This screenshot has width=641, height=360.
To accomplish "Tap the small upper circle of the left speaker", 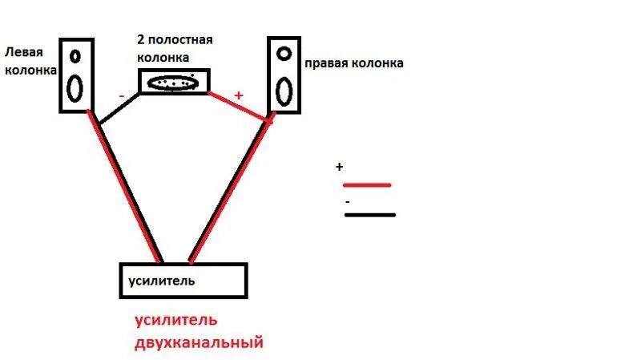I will [x=75, y=57].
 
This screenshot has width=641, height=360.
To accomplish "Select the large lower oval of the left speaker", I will [x=75, y=87].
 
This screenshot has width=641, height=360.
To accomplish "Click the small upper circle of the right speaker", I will [x=284, y=54].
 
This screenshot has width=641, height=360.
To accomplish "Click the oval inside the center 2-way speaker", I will [x=174, y=83].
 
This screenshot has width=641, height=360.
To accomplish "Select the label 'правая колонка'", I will [x=353, y=63].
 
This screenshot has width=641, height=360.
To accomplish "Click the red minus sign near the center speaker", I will [x=120, y=96].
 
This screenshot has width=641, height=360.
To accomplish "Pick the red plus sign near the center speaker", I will [x=237, y=95].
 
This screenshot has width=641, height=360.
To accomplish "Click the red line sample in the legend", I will [x=366, y=185].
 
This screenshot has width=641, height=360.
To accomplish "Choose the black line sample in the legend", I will [x=370, y=215].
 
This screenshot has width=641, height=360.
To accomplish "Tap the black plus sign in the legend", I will [x=340, y=167].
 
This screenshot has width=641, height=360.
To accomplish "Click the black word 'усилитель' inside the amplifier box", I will [x=161, y=281].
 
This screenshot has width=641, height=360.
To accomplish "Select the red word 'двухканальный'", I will [x=199, y=343].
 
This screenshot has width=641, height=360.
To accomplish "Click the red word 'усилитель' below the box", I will [x=175, y=321].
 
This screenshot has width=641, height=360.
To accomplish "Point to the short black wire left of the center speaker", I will [x=120, y=107].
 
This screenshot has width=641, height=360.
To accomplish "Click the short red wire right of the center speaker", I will [x=238, y=106].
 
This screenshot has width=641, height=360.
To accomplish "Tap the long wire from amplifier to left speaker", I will [x=130, y=192].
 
